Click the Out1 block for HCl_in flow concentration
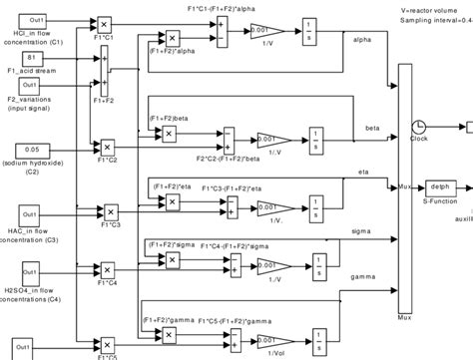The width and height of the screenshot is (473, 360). pyautogui.click(x=35, y=19)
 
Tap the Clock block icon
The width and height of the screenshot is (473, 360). pyautogui.click(x=418, y=128)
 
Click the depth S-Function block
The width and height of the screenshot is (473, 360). pyautogui.click(x=440, y=185)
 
